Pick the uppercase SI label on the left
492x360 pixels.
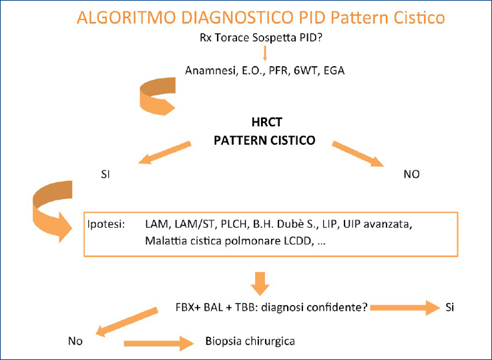click(x=104, y=176)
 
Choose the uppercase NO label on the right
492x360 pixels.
click(x=411, y=175)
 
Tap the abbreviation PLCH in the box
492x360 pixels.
click(x=238, y=226)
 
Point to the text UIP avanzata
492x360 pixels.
click(x=389, y=226)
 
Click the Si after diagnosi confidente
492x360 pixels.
click(x=450, y=308)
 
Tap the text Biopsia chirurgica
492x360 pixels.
click(x=249, y=341)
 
